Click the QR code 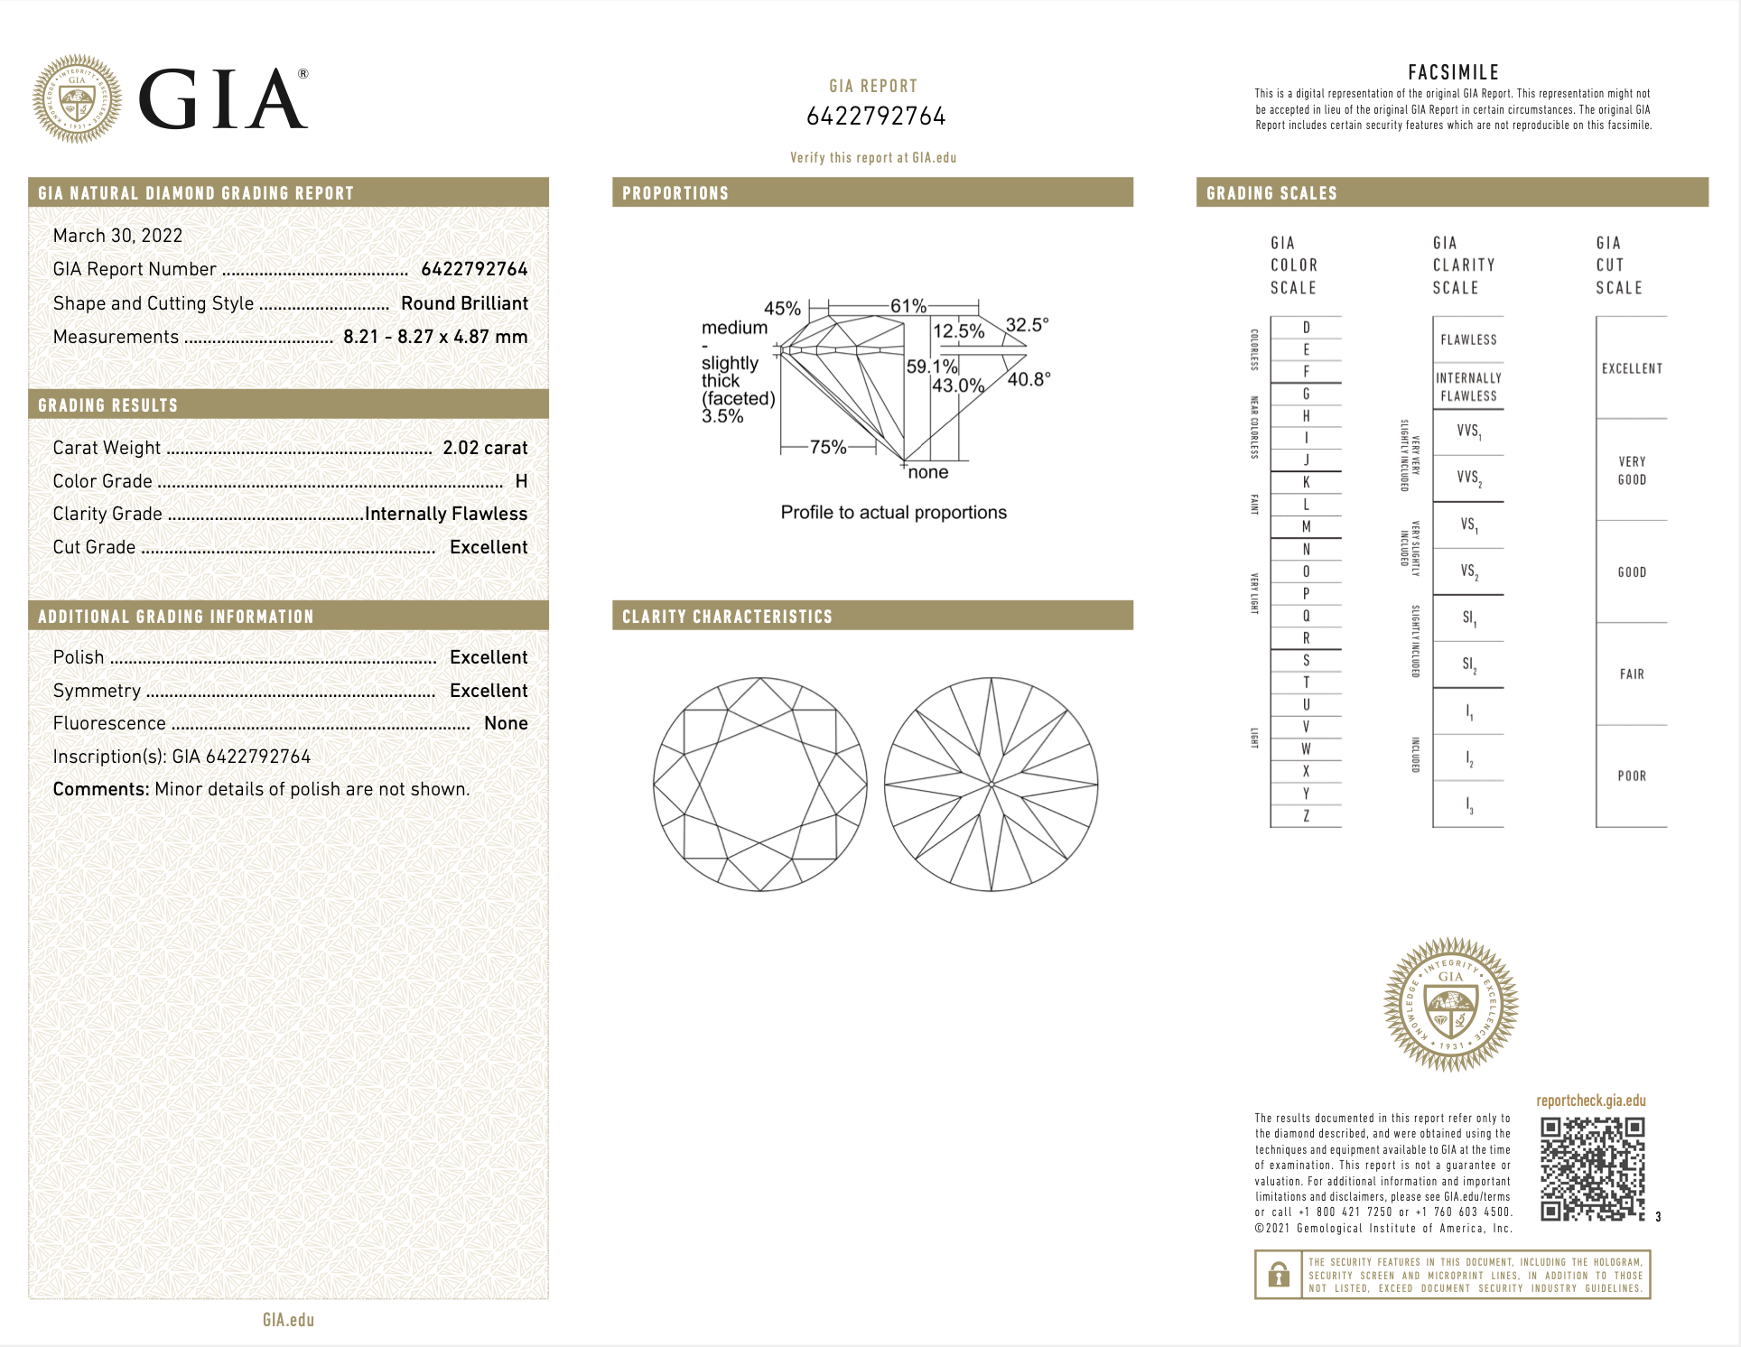pyautogui.click(x=1592, y=1169)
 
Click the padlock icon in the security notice pyautogui.click(x=1278, y=1275)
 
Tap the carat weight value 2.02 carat pyautogui.click(x=485, y=448)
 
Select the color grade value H pyautogui.click(x=521, y=481)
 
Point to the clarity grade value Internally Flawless pyautogui.click(x=446, y=514)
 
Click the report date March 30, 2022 pyautogui.click(x=117, y=236)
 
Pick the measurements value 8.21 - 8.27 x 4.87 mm pyautogui.click(x=435, y=337)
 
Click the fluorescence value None pyautogui.click(x=506, y=723)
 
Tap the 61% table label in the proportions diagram pyautogui.click(x=908, y=306)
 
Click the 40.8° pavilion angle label pyautogui.click(x=1029, y=379)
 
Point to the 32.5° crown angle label pyautogui.click(x=1027, y=325)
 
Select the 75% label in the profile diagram pyautogui.click(x=827, y=447)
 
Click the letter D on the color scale pyautogui.click(x=1306, y=328)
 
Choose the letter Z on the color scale pyautogui.click(x=1306, y=816)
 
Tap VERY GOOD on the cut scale pyautogui.click(x=1631, y=470)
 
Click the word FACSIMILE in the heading pyautogui.click(x=1453, y=72)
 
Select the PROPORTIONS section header pyautogui.click(x=675, y=193)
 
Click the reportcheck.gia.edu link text pyautogui.click(x=1590, y=1101)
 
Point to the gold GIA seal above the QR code pyautogui.click(x=1450, y=1004)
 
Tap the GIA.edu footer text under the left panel pyautogui.click(x=288, y=1320)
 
